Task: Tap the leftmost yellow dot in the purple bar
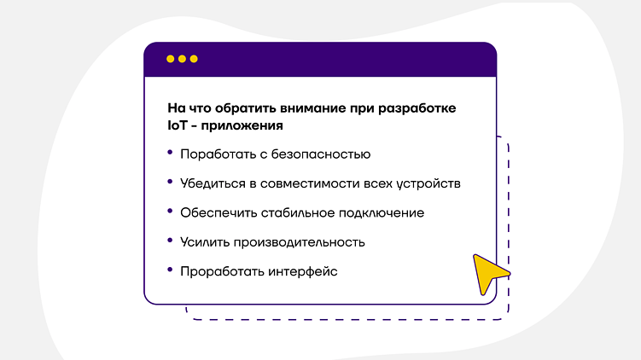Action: (x=170, y=59)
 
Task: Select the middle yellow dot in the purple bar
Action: (x=182, y=59)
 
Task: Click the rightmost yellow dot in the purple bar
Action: (x=194, y=59)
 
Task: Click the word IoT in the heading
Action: (x=179, y=125)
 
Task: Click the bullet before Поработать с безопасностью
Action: (x=170, y=153)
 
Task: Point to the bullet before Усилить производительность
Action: (x=170, y=240)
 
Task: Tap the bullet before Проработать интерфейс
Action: (x=170, y=269)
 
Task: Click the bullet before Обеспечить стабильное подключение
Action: (x=170, y=211)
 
